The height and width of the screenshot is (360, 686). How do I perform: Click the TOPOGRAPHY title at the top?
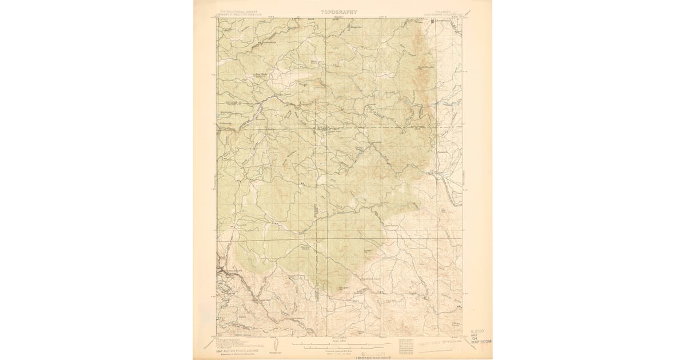point(338,11)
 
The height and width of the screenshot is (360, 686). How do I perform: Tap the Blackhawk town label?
point(224,270)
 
